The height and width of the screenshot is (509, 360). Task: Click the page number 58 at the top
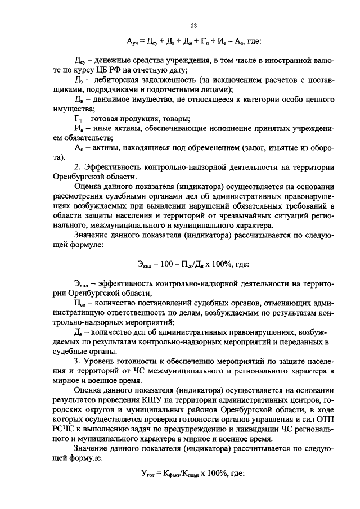(x=193, y=25)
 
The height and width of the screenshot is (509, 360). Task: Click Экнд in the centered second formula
(x=146, y=263)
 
